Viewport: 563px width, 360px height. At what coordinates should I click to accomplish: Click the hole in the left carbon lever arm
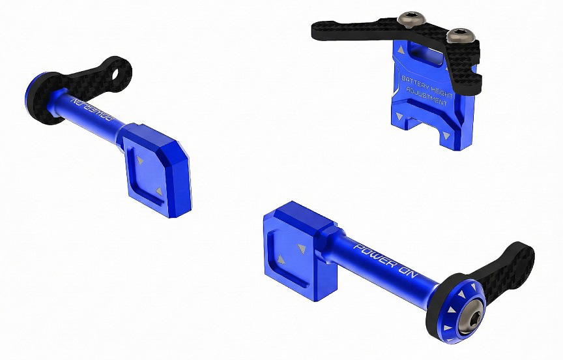coord(115,74)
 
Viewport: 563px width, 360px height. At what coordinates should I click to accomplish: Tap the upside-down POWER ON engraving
coord(93,110)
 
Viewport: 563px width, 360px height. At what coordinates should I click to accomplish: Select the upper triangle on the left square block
coord(140,160)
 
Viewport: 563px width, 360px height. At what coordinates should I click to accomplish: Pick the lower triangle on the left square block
coord(159,192)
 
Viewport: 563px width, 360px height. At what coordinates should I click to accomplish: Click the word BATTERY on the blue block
coord(415,83)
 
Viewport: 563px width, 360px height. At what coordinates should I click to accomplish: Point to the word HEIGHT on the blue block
coord(442,93)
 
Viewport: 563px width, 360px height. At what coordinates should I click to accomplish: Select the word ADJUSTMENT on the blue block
coord(427,97)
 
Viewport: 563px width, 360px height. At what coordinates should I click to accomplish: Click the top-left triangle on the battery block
coord(401,50)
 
